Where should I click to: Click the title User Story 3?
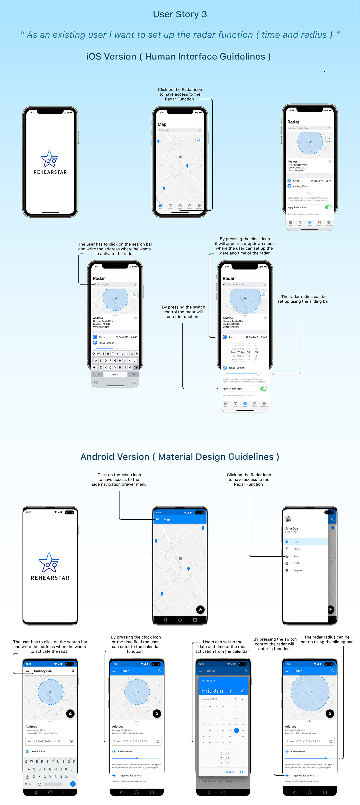coord(180,14)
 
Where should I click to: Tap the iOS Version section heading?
coord(178,57)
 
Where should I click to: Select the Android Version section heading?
coord(180,457)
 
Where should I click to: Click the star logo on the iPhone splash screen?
coord(49,159)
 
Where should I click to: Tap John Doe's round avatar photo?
coord(288,519)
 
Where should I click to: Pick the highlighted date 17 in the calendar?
coord(236,731)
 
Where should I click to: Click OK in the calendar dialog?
coord(241,772)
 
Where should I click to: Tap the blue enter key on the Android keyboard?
coord(73,784)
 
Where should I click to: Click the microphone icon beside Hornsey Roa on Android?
coord(73,671)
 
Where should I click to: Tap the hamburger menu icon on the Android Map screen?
coord(157,519)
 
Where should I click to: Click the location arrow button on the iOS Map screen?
coord(199,141)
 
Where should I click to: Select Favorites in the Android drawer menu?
coord(298,571)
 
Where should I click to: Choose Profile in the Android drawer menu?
coord(296,563)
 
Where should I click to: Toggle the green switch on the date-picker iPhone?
coord(263,389)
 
